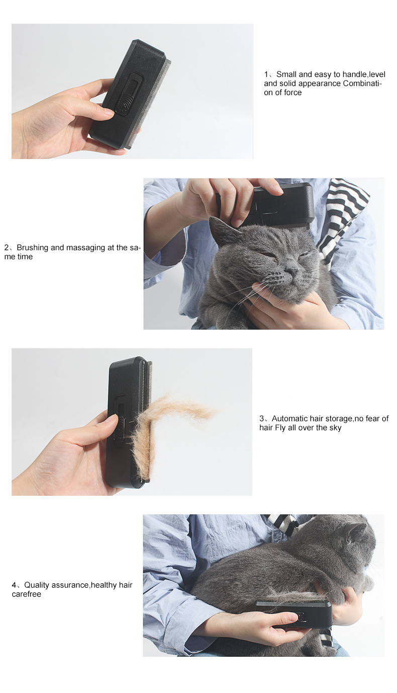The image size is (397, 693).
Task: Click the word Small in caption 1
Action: pos(286,74)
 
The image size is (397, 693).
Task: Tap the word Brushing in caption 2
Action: pos(32,248)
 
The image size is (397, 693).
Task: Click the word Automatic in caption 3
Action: pos(288,419)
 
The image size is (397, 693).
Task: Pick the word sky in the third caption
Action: pos(335,428)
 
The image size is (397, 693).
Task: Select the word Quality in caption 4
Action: pos(37,585)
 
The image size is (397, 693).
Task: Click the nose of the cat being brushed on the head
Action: pos(291,271)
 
